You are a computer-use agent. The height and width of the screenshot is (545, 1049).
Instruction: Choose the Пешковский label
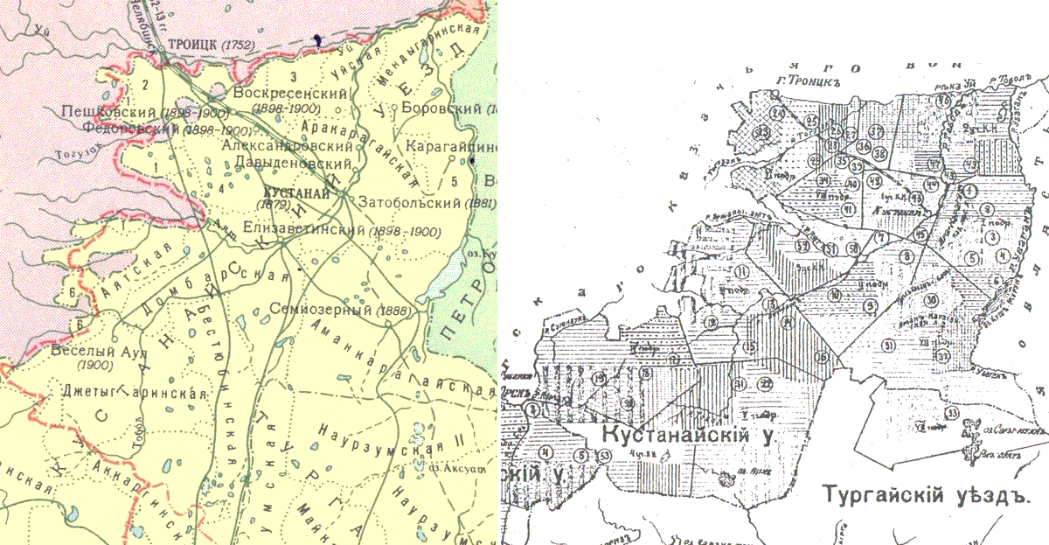108,113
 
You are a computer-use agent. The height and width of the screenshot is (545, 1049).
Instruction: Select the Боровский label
442,109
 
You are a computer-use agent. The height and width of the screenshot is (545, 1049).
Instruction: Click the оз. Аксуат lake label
457,468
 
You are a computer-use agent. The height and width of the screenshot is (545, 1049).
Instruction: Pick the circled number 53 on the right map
604,455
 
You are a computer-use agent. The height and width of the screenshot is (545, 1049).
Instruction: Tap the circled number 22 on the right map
766,384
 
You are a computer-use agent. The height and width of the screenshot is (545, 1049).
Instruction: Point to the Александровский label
285,147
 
